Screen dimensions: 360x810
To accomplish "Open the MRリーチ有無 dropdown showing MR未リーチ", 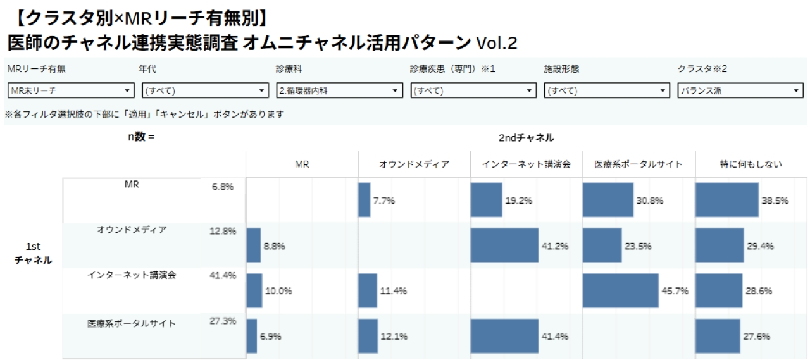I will click(71, 90).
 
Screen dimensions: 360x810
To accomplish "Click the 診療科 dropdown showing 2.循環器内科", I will click(339, 90).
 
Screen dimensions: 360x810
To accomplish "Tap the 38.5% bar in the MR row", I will click(726, 200).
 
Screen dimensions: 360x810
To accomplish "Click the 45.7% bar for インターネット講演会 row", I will click(620, 290).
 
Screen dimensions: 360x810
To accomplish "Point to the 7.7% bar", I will click(364, 200).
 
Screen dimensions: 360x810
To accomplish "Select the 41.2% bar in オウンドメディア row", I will click(504, 245).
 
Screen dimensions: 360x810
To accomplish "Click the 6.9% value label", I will click(270, 337).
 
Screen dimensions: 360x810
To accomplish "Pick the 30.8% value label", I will click(650, 201).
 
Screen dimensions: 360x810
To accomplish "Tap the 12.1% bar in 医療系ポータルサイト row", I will click(368, 336).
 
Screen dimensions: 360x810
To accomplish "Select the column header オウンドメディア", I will click(414, 164).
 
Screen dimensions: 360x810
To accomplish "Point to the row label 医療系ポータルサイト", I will click(132, 323).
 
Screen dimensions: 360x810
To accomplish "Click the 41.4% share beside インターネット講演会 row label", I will click(223, 275).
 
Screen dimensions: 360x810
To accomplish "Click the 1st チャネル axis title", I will click(33, 253).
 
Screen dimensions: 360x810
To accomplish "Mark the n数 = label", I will click(140, 137).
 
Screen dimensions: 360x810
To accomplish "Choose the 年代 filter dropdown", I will click(205, 90).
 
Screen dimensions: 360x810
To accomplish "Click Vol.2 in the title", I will click(497, 43).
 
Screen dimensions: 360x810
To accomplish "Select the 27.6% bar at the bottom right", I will click(717, 336).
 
